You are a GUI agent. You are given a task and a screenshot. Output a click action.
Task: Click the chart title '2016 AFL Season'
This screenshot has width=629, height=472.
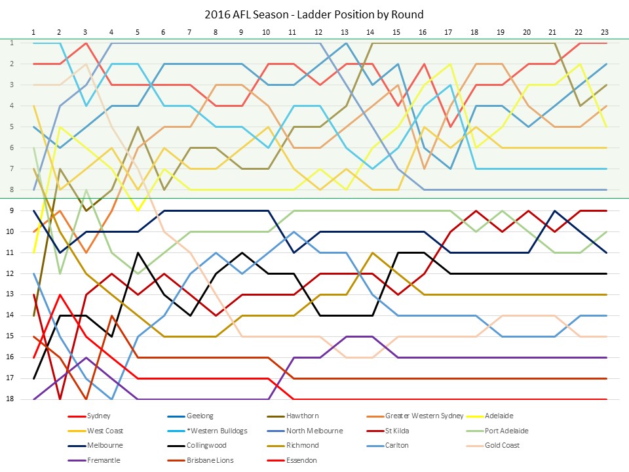314,14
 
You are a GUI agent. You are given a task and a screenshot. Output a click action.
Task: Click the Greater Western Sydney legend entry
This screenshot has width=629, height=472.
424,416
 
